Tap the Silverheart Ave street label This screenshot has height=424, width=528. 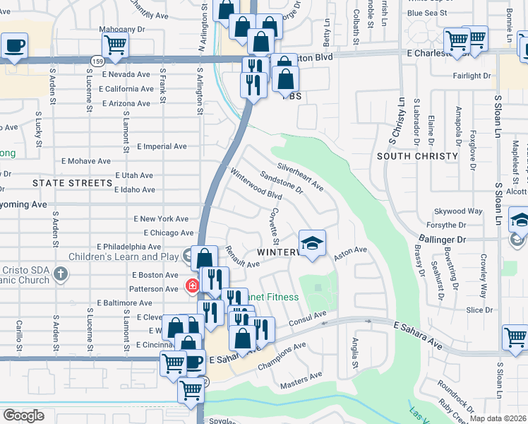300,177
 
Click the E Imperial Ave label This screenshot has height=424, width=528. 162,146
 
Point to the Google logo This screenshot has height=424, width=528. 23,416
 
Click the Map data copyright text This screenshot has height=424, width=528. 498,418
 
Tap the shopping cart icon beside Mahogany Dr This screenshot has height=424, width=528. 114,45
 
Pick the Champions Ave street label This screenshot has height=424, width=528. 282,351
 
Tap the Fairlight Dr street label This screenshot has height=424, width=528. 471,76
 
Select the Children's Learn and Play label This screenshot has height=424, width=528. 134,257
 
